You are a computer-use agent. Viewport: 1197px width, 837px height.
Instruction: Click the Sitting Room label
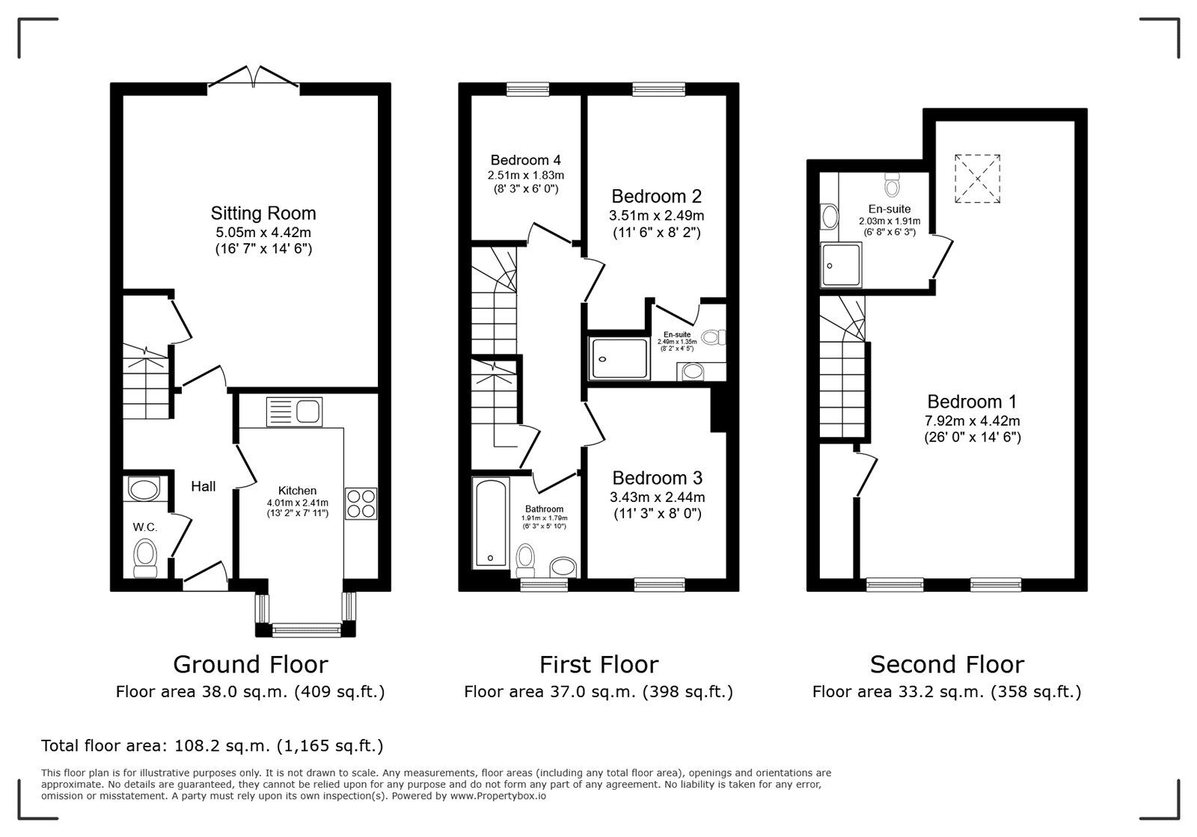coord(263,213)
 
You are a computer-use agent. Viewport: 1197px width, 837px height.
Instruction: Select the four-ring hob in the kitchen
coord(361,503)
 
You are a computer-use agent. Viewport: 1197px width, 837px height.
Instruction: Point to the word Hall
coord(203,487)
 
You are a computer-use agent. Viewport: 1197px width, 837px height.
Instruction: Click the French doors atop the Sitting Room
coord(254,78)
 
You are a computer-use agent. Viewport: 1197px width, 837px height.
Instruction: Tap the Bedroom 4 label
coord(525,160)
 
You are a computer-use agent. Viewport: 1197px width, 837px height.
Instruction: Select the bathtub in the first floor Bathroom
coord(491,524)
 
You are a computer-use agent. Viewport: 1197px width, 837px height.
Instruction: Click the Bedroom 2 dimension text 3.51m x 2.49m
coord(656,215)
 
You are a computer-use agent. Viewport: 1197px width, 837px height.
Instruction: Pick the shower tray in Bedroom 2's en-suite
coord(619,358)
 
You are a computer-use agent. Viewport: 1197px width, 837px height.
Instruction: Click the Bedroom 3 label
coord(656,478)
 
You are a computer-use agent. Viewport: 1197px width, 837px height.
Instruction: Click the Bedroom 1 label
coord(972,402)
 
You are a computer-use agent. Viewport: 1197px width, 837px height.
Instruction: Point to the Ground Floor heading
coord(250,664)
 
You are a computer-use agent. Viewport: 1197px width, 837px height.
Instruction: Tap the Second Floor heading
coord(946,664)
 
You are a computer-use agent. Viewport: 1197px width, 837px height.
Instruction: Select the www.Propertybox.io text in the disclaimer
coord(497,797)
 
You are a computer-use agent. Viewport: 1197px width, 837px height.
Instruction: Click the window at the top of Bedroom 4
coord(527,90)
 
